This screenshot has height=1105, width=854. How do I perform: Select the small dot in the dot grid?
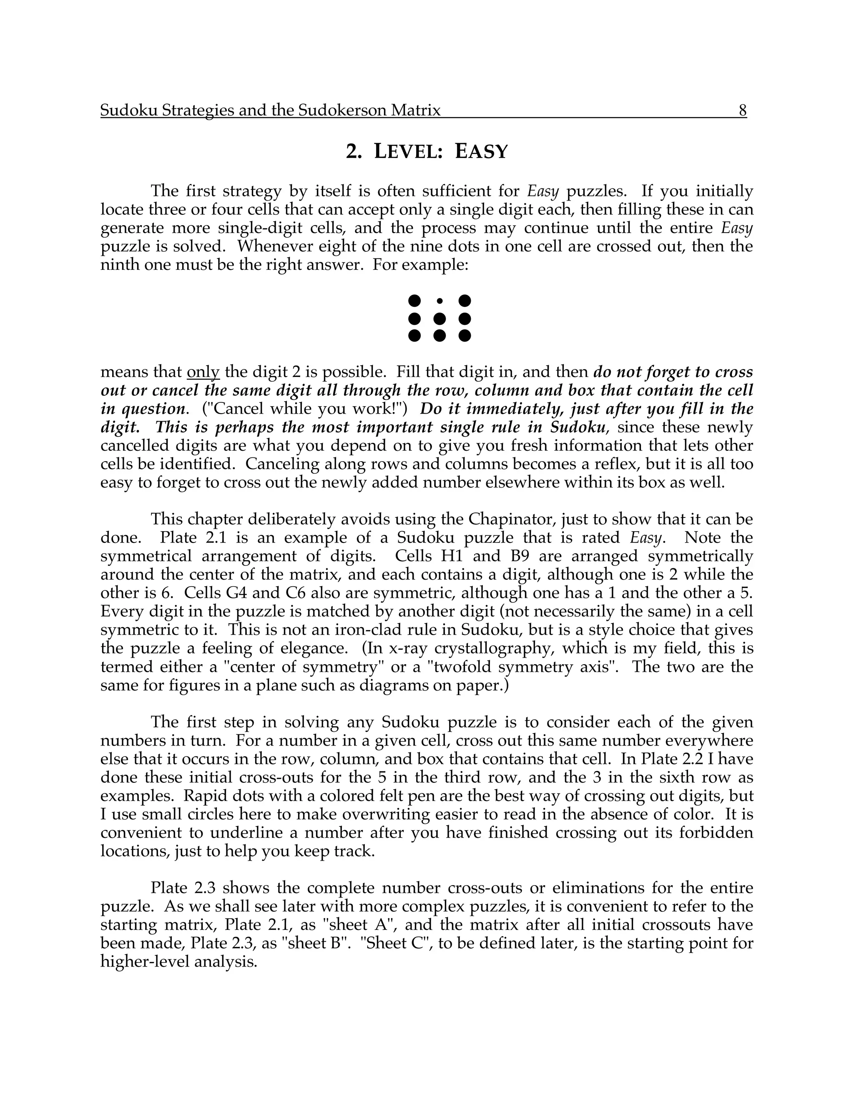(440, 301)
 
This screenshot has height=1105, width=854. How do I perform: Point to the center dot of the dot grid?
(440, 319)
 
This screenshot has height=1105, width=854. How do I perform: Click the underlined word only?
(203, 372)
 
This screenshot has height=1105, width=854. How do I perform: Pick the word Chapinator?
(511, 520)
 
